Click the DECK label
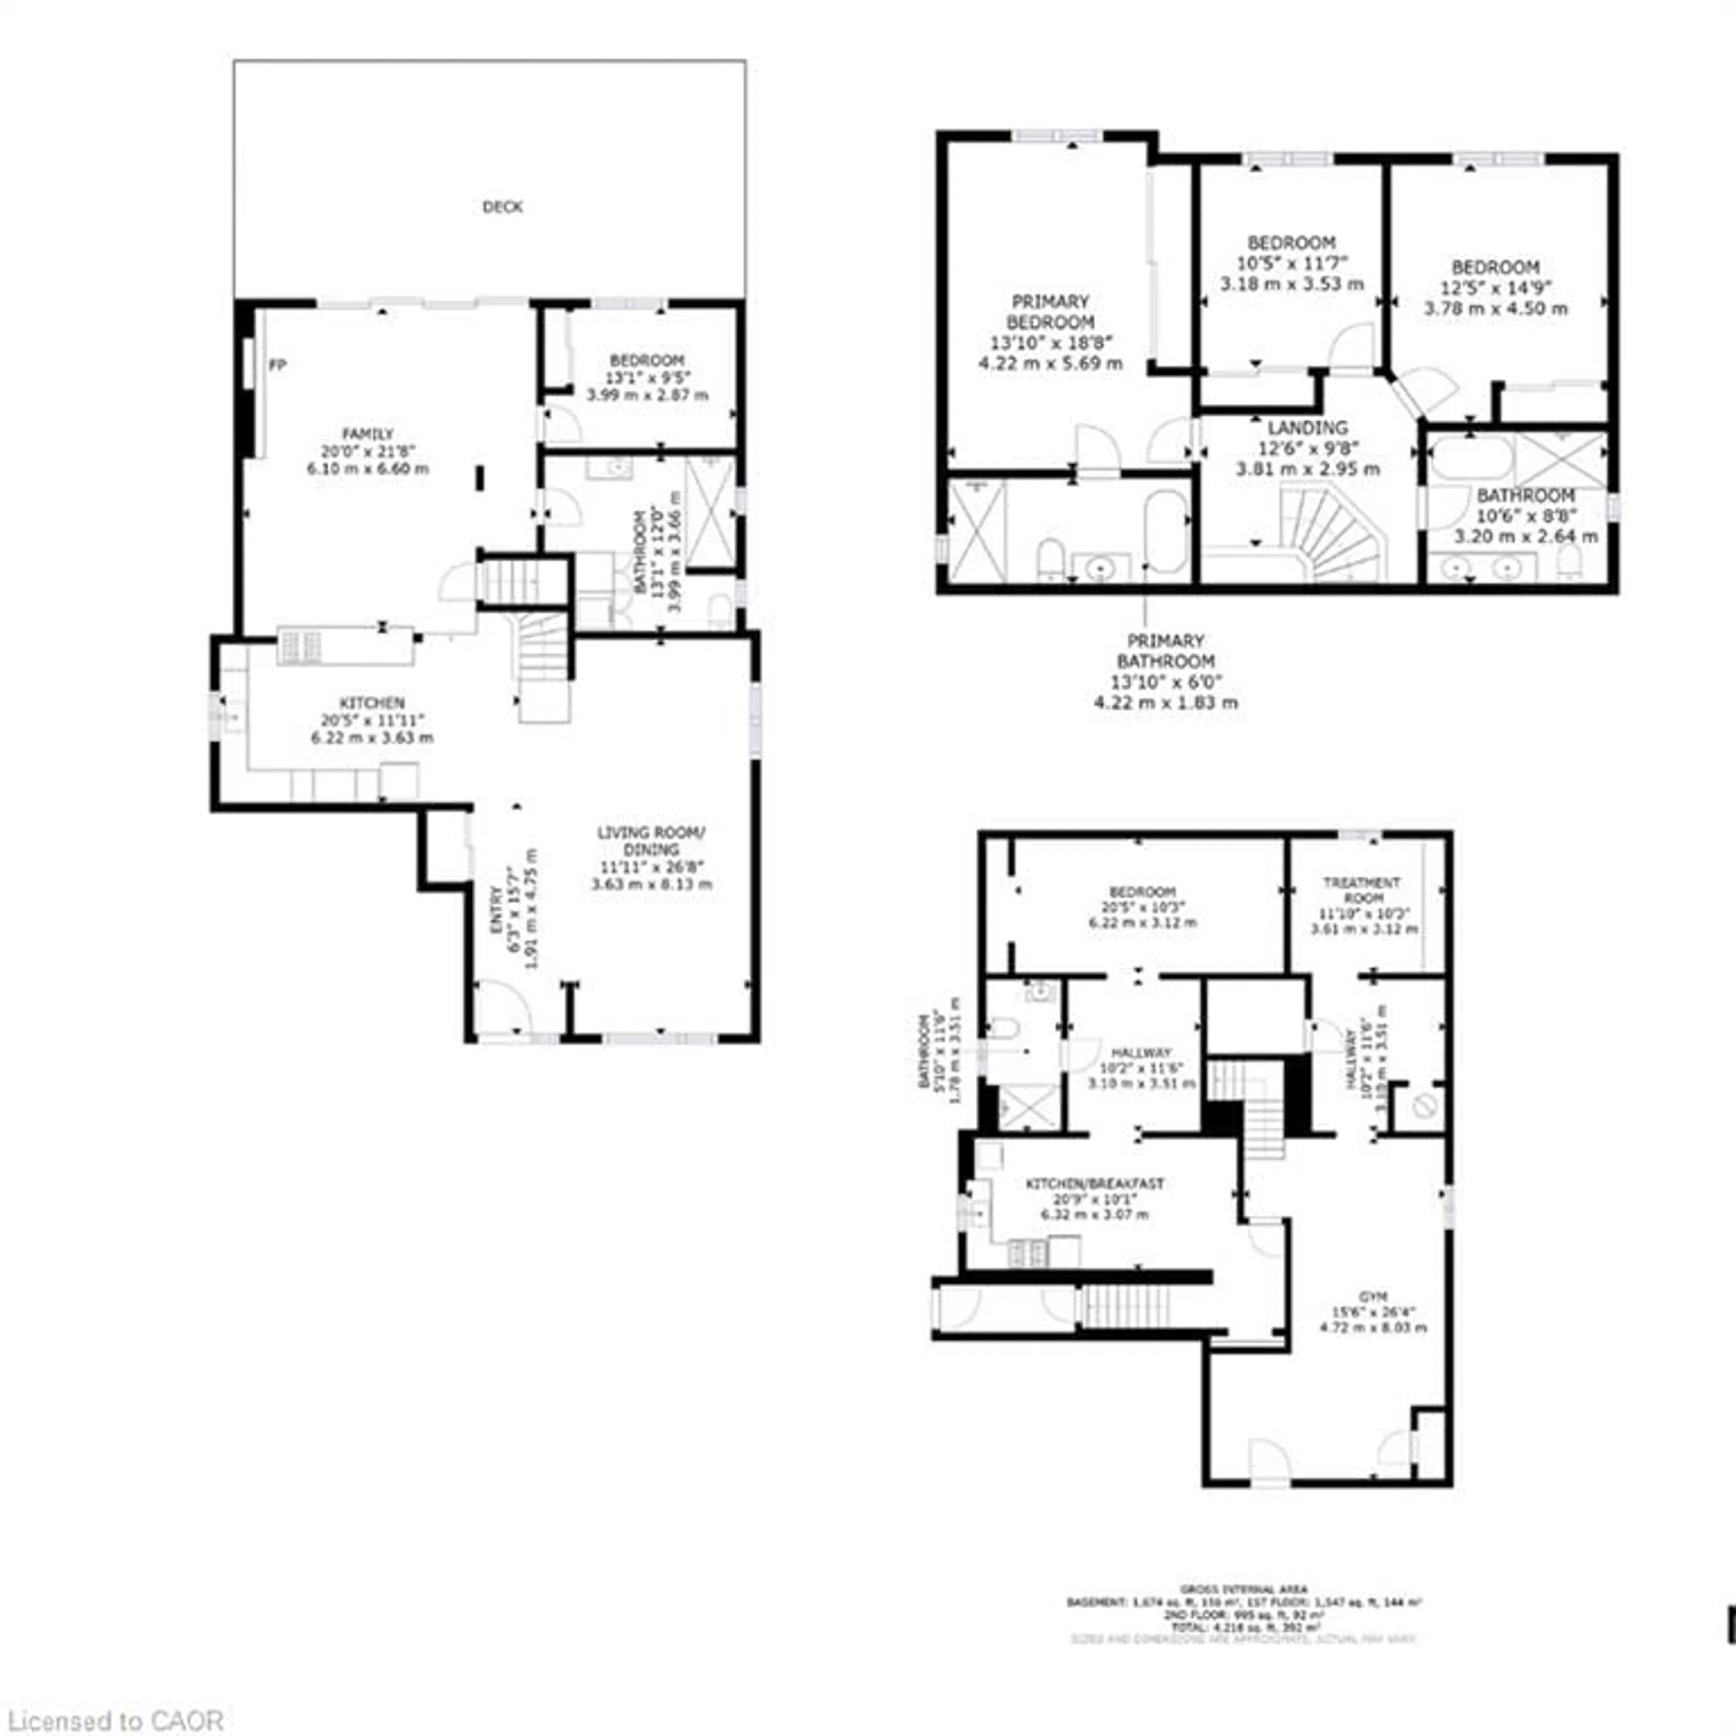click(x=502, y=207)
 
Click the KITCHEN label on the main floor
click(x=372, y=703)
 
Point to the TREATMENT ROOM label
click(x=1362, y=890)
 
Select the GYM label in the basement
click(x=1373, y=1297)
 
